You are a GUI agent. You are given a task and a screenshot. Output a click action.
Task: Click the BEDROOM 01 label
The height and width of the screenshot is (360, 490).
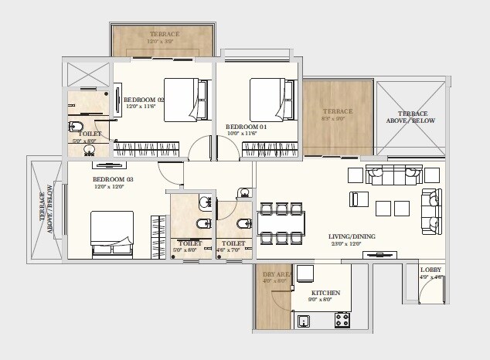[246, 126]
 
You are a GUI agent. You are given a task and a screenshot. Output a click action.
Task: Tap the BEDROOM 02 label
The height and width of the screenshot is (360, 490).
[144, 100]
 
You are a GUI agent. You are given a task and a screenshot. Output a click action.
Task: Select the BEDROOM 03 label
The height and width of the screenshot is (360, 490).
[113, 179]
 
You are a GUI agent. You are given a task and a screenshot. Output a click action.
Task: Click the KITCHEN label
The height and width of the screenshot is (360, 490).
[325, 294]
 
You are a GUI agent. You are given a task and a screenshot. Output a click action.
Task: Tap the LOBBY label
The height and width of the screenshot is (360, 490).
[430, 270]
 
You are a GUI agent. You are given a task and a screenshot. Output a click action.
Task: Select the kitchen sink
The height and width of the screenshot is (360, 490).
[304, 319]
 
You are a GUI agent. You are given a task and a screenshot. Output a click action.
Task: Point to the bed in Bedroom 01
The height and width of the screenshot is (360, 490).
[273, 98]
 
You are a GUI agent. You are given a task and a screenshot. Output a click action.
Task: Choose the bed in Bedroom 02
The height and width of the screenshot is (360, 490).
[186, 99]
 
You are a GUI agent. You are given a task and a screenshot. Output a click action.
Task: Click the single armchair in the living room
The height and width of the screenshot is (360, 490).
[358, 199]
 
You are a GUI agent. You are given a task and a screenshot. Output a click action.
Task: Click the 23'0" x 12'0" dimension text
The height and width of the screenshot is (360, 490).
[346, 245]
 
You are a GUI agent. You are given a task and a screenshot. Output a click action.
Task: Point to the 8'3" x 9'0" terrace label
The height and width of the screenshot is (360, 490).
[337, 120]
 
